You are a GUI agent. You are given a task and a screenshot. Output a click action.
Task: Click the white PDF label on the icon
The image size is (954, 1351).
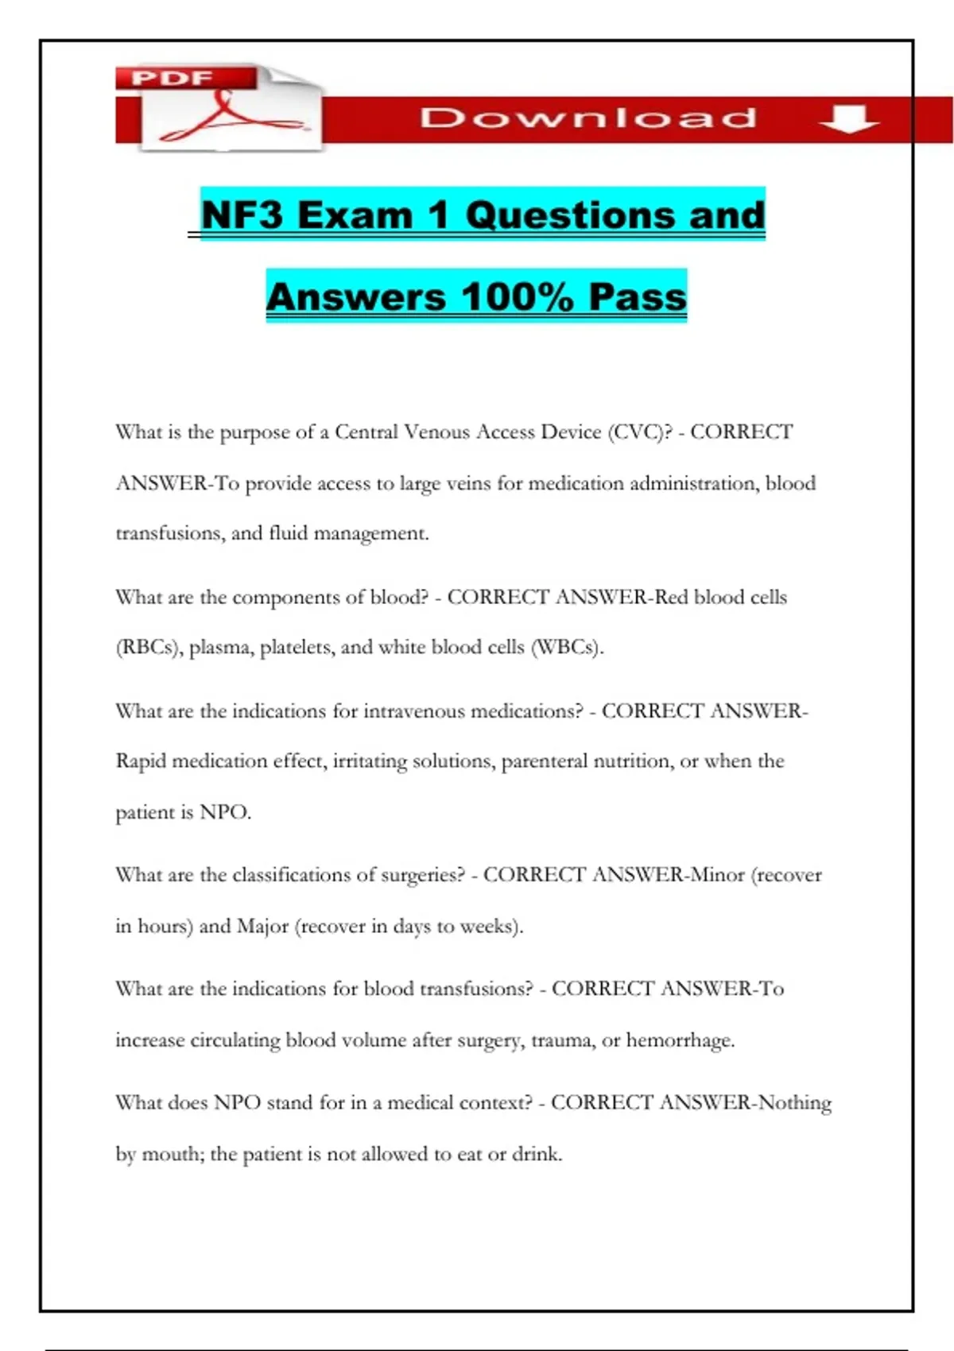[172, 78]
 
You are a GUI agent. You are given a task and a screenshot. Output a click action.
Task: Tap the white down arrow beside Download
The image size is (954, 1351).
[848, 120]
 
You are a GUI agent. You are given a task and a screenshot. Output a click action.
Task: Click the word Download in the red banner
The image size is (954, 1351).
[588, 118]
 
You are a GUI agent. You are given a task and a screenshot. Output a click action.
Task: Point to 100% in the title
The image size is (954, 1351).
[517, 297]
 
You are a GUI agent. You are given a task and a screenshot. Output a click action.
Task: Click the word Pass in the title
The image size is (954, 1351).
[638, 297]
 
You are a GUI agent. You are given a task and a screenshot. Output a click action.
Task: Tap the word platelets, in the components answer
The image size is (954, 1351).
[297, 648]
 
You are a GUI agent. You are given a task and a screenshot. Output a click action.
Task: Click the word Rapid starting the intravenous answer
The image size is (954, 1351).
[141, 761]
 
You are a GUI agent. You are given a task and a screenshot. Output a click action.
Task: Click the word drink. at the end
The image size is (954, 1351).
[537, 1154]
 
